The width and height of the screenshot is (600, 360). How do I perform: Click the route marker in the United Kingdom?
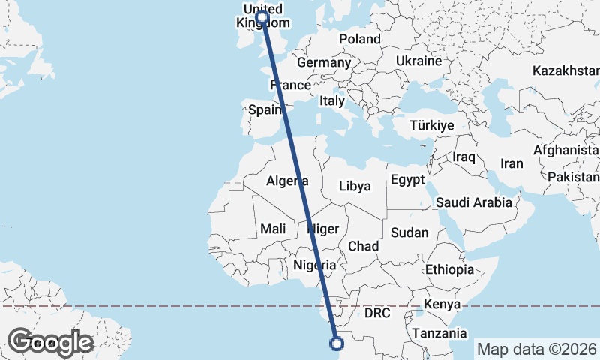[x=262, y=17]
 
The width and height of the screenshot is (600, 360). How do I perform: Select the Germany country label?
[x=324, y=63]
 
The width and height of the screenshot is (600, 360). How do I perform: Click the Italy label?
[x=332, y=100]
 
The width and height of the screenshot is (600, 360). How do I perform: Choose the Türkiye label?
[x=431, y=126]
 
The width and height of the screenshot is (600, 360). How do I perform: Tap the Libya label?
[x=355, y=186]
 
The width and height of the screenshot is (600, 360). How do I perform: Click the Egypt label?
[x=407, y=180]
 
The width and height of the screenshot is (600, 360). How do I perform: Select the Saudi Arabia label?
[x=473, y=202]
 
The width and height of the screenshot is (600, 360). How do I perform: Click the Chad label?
[x=363, y=246]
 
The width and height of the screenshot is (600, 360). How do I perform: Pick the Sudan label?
[x=410, y=232]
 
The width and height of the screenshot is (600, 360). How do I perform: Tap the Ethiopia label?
[x=449, y=269]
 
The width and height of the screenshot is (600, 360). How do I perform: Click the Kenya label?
[x=442, y=304]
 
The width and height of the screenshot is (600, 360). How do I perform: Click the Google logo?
[x=50, y=342]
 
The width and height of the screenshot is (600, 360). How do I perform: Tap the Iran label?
[x=511, y=163]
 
